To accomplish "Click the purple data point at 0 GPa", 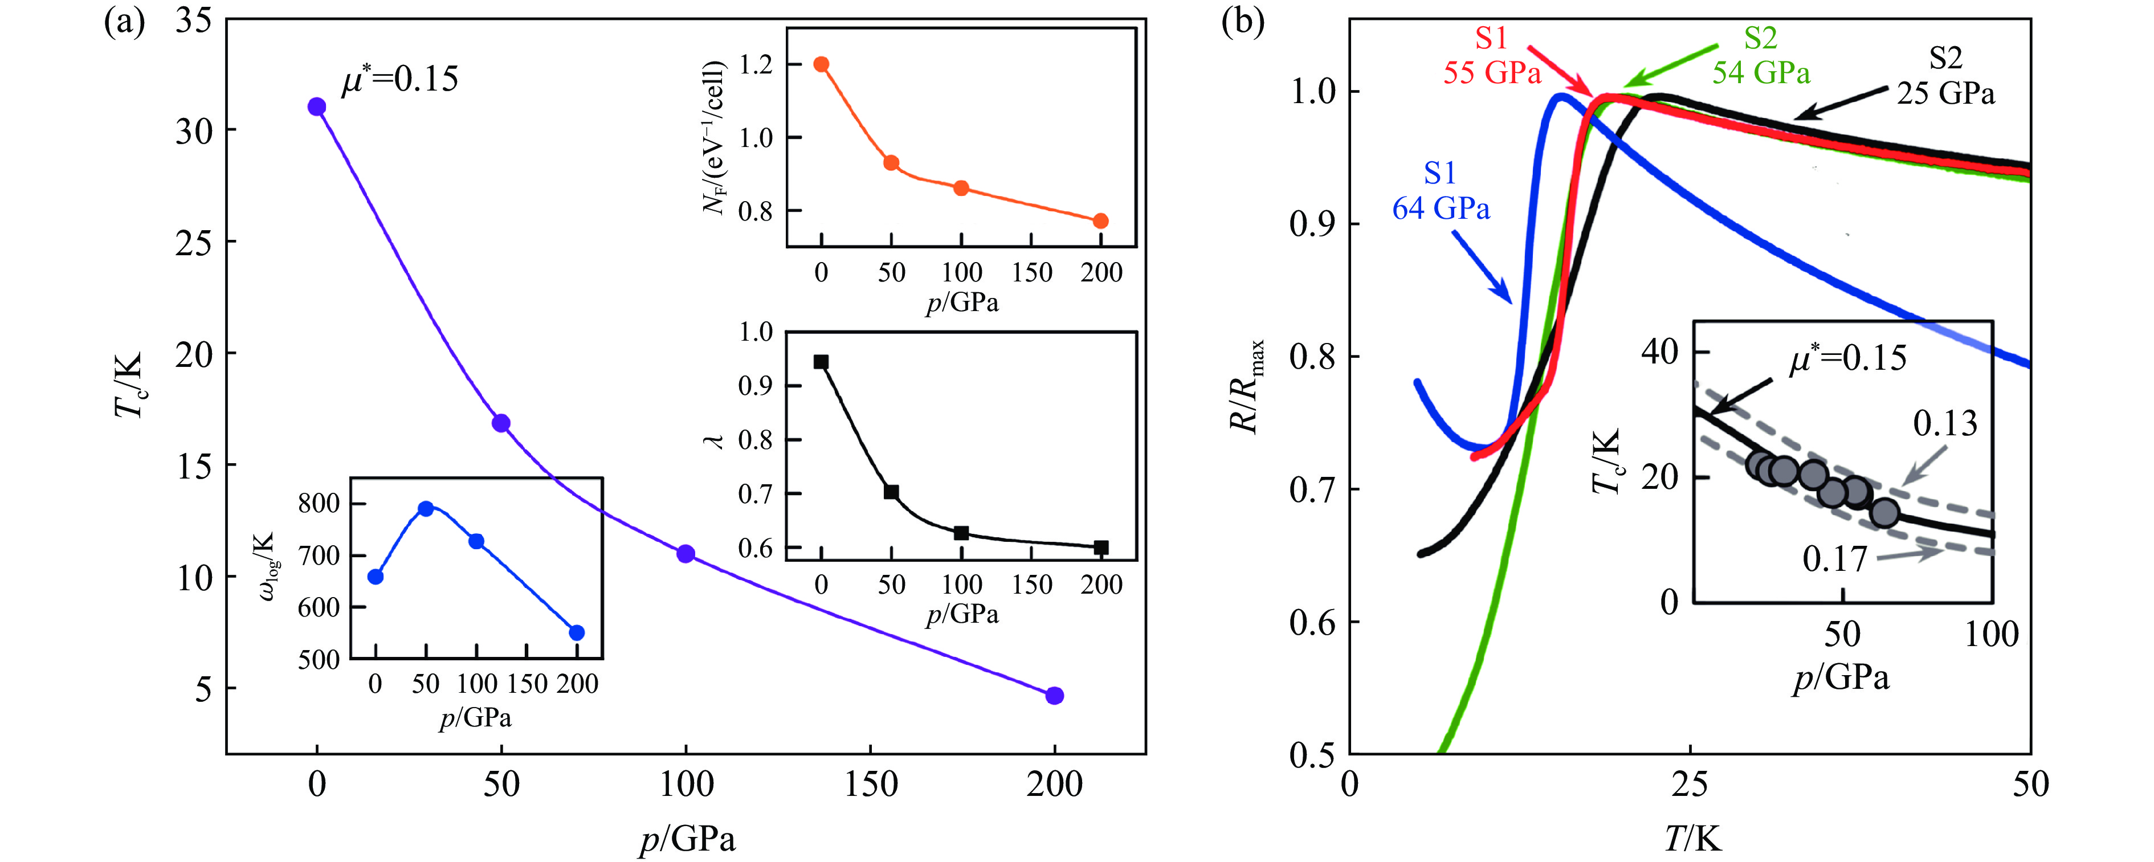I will click(x=317, y=107).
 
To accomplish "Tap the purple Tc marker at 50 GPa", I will click(x=501, y=423).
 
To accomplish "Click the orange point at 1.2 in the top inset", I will click(x=821, y=64).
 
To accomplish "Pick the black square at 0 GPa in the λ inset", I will click(x=821, y=362).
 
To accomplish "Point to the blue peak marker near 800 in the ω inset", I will click(x=426, y=508).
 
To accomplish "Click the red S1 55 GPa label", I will click(x=1492, y=56).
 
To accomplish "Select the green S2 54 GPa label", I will click(x=1760, y=56).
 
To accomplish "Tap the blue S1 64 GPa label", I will click(x=1440, y=191).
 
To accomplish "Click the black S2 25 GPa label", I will click(x=1945, y=76).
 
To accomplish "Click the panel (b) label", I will click(x=1243, y=22).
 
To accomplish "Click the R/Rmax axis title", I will click(x=1246, y=386).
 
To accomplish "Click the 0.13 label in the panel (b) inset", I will click(x=1945, y=424).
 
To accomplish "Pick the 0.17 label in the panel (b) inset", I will click(x=1834, y=558).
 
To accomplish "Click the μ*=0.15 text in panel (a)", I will click(x=399, y=79).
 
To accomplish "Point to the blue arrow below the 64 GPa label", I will click(x=1481, y=267).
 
